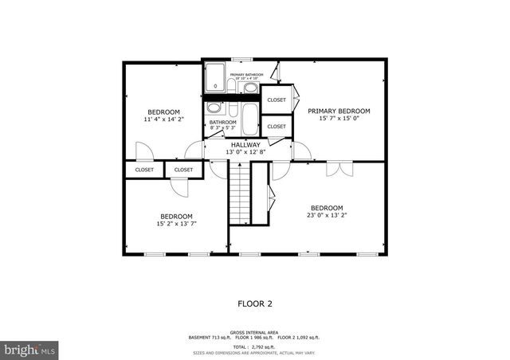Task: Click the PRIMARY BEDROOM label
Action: pyautogui.click(x=339, y=111)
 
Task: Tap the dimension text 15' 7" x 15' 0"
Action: pyautogui.click(x=339, y=119)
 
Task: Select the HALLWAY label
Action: pyautogui.click(x=245, y=144)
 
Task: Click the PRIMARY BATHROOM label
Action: pyautogui.click(x=246, y=74)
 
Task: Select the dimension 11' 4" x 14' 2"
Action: pyautogui.click(x=163, y=119)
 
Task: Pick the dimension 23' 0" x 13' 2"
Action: pyautogui.click(x=327, y=215)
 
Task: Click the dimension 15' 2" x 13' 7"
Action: pyautogui.click(x=176, y=224)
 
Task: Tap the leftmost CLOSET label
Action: pyautogui.click(x=144, y=170)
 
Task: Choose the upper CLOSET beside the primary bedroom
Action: pyautogui.click(x=277, y=100)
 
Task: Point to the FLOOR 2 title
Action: pyautogui.click(x=255, y=303)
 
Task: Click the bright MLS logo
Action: pyautogui.click(x=30, y=349)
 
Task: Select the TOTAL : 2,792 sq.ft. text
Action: pyautogui.click(x=254, y=347)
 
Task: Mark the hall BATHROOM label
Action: pyautogui.click(x=222, y=122)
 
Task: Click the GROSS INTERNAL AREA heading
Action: pyautogui.click(x=254, y=332)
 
